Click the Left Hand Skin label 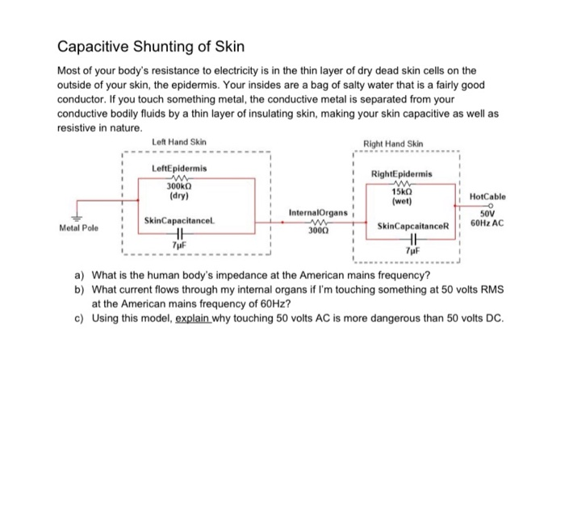coord(179,143)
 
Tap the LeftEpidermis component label coord(179,168)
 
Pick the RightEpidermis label coord(402,173)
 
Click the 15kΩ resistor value coord(402,193)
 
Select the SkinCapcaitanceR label coord(406,227)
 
